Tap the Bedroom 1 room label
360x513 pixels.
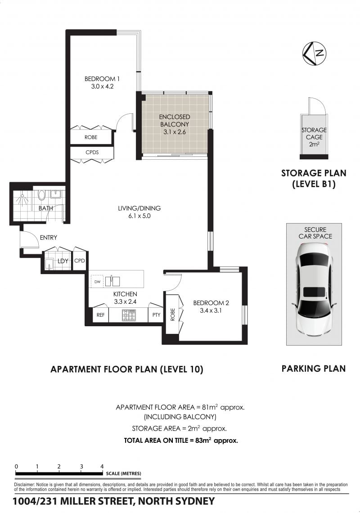[102, 79]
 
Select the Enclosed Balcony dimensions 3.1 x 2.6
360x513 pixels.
[175, 132]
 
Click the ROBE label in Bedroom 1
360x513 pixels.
[90, 137]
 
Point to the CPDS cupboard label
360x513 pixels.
[92, 153]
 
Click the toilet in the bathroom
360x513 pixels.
[41, 195]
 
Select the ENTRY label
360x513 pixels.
[49, 238]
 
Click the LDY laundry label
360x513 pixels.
[63, 261]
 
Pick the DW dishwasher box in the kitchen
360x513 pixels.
[97, 282]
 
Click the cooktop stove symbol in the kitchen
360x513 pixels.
[129, 315]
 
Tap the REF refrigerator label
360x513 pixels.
[100, 315]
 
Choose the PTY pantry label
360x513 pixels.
[157, 315]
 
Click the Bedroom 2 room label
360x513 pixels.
[211, 303]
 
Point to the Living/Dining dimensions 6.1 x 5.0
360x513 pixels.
[139, 216]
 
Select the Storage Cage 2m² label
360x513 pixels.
[314, 137]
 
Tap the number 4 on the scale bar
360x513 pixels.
[102, 467]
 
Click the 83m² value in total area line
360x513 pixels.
[203, 440]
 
